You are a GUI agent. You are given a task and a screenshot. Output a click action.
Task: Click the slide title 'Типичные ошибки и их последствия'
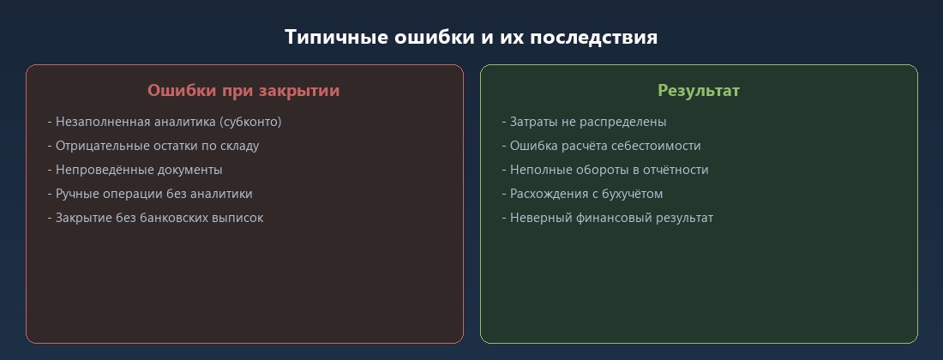(x=471, y=38)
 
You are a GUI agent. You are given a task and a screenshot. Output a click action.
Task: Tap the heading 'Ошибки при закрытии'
(x=243, y=90)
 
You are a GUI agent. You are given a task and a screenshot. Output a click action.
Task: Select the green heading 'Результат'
(x=698, y=90)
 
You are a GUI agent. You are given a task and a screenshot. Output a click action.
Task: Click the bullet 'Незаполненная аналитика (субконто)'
(x=165, y=122)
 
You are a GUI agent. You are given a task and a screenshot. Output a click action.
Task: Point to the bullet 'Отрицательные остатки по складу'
(x=153, y=146)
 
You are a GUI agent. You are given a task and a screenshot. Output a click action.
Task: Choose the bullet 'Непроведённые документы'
(x=135, y=170)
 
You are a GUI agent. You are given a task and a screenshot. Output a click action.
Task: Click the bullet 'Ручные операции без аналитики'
(x=150, y=194)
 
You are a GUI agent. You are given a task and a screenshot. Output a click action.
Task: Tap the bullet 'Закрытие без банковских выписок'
(x=155, y=218)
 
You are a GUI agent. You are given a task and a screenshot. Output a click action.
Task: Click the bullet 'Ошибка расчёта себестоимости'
(x=601, y=146)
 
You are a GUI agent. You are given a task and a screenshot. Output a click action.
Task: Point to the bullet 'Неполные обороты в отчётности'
(x=605, y=170)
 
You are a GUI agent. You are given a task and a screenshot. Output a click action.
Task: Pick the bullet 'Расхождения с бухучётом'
(x=582, y=194)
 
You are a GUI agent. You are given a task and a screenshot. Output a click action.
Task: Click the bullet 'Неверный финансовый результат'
(x=607, y=218)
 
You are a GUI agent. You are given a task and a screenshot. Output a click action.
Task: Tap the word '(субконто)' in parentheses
(x=250, y=122)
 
